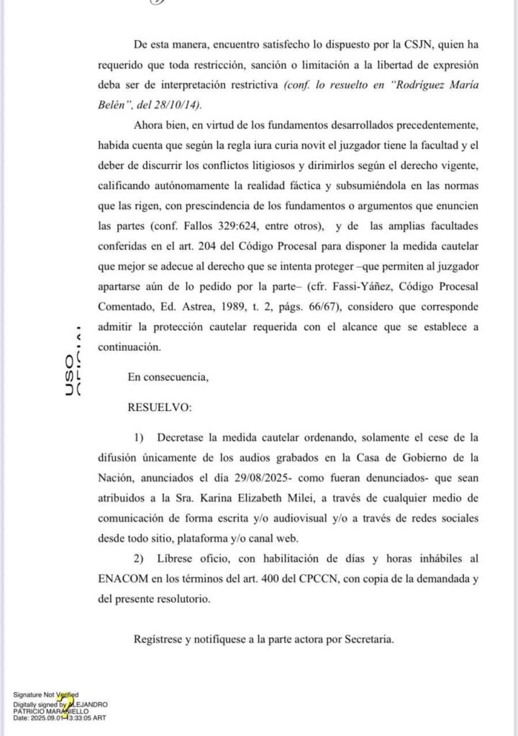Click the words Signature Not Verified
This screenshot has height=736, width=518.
(46, 694)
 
